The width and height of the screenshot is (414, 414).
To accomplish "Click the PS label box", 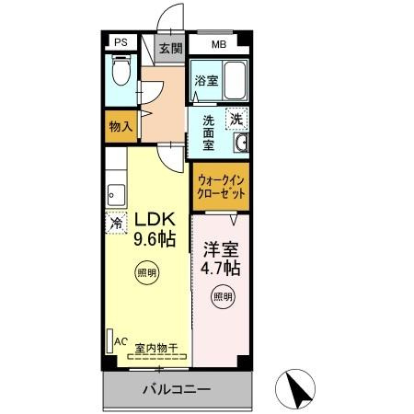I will [120, 42].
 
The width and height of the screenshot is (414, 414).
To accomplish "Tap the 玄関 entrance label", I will [169, 49].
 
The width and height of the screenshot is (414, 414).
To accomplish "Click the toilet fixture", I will [120, 72].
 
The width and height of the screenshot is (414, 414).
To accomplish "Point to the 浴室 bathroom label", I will [204, 81].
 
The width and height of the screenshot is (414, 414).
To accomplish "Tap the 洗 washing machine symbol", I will [237, 118].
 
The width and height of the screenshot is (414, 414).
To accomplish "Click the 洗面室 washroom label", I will [209, 132].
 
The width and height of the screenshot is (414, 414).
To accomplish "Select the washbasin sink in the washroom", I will [242, 144].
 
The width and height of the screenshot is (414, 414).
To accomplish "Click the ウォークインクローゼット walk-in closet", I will [222, 189].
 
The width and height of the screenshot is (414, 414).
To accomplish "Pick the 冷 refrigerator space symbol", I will [117, 222].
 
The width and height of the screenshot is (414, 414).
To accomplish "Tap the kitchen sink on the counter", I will [115, 194].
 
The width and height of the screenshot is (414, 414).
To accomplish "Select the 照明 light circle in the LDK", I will [147, 273].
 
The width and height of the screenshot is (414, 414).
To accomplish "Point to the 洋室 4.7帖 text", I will [221, 259].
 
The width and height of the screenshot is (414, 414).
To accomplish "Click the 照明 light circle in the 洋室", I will [223, 296].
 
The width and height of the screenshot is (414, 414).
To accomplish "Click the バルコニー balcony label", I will [177, 389].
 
